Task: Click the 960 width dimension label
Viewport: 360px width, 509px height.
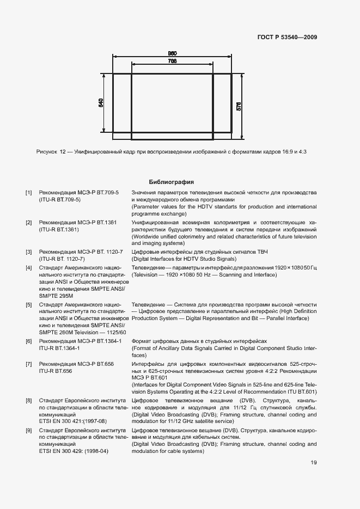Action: tap(172, 53)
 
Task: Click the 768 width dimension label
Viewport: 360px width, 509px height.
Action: tap(172, 62)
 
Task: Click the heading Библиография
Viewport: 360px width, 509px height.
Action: tap(172, 182)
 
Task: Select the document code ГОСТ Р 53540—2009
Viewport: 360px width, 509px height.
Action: tap(287, 38)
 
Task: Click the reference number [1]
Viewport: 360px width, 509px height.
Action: tap(29, 193)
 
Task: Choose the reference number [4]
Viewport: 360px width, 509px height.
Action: tap(29, 268)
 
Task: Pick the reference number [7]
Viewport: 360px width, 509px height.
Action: tap(29, 364)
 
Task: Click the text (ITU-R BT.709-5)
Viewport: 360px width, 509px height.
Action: tap(59, 200)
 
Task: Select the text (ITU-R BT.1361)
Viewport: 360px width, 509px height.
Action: tap(59, 230)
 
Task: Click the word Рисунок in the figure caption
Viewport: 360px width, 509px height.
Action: tap(47, 152)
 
